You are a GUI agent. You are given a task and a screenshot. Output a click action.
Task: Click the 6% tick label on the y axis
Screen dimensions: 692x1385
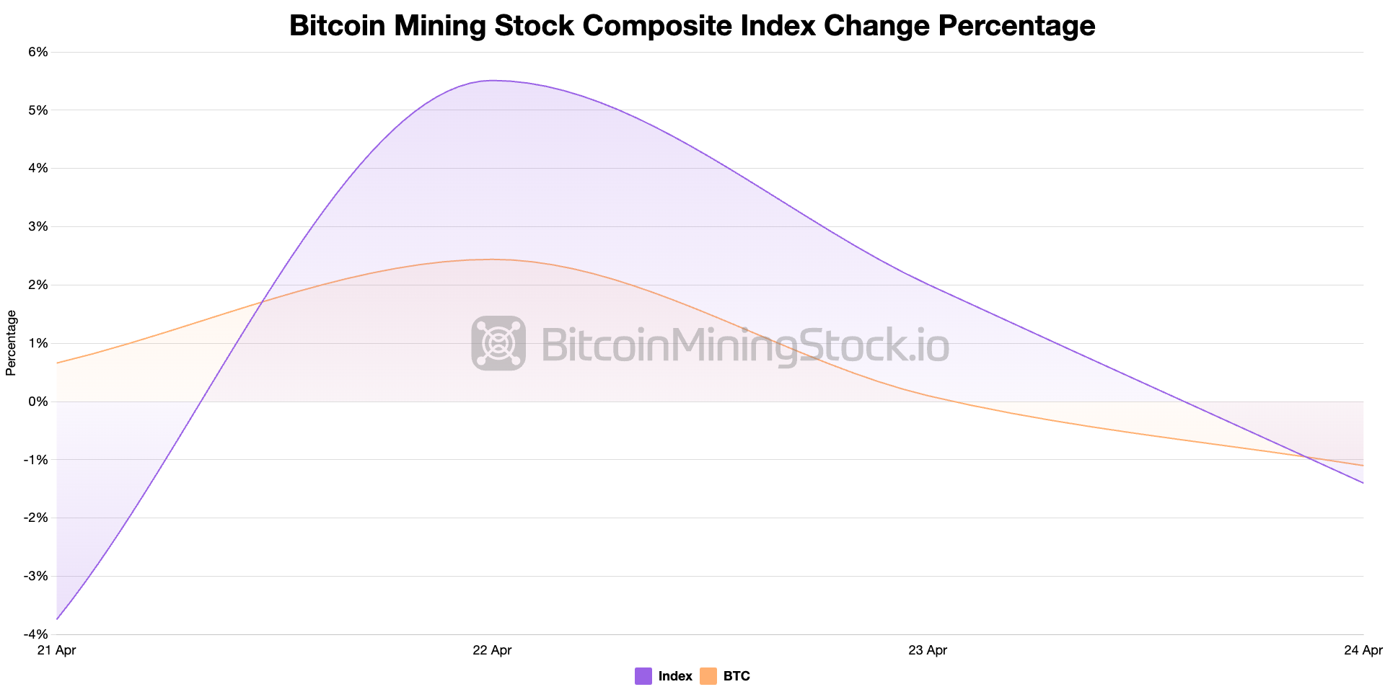pyautogui.click(x=38, y=52)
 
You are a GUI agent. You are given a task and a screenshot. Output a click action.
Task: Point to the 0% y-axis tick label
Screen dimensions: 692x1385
pyautogui.click(x=38, y=402)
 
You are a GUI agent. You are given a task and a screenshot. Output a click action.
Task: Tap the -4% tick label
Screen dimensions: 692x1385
pyautogui.click(x=36, y=634)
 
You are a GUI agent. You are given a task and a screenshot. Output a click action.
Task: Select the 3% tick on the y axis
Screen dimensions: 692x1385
pyautogui.click(x=38, y=226)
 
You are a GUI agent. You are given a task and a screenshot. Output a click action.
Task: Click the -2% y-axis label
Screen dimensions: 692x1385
pyautogui.click(x=36, y=518)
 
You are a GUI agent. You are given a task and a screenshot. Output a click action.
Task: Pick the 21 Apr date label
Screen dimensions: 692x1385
pyautogui.click(x=56, y=650)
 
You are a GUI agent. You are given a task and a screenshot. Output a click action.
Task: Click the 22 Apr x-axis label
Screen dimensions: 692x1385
pyautogui.click(x=492, y=650)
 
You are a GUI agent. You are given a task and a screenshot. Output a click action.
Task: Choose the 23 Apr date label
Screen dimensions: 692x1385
pyautogui.click(x=928, y=650)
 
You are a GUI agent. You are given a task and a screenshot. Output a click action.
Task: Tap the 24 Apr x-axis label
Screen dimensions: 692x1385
pyautogui.click(x=1363, y=650)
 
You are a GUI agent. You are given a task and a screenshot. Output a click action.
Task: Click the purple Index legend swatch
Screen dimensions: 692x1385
pyautogui.click(x=643, y=676)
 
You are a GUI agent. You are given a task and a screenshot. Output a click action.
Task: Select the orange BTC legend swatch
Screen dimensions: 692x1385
pyautogui.click(x=708, y=676)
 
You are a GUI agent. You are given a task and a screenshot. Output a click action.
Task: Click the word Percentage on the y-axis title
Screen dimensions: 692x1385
pyautogui.click(x=11, y=343)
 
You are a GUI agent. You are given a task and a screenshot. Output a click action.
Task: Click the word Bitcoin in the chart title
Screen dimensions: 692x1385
pyautogui.click(x=338, y=26)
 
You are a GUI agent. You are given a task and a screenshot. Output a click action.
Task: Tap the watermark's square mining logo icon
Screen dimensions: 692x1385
pyautogui.click(x=498, y=343)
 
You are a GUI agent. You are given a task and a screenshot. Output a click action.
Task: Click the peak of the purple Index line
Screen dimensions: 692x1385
pyautogui.click(x=492, y=81)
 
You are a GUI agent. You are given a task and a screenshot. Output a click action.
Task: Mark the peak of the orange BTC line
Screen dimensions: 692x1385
pyautogui.click(x=492, y=259)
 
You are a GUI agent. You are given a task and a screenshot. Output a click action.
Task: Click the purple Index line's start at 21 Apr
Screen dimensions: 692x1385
pyautogui.click(x=57, y=618)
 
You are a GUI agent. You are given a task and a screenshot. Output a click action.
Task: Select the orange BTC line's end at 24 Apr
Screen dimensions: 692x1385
pyautogui.click(x=1363, y=466)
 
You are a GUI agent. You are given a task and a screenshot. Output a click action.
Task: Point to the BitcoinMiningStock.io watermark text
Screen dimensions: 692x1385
pyautogui.click(x=744, y=345)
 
